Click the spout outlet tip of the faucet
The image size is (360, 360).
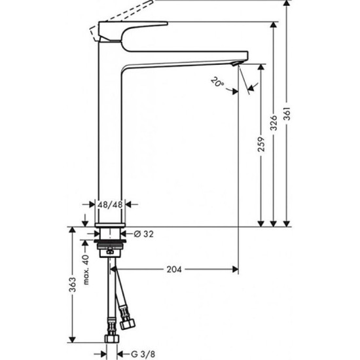238,63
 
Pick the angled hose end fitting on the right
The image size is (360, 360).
126,321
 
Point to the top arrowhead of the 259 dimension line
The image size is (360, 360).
261,68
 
